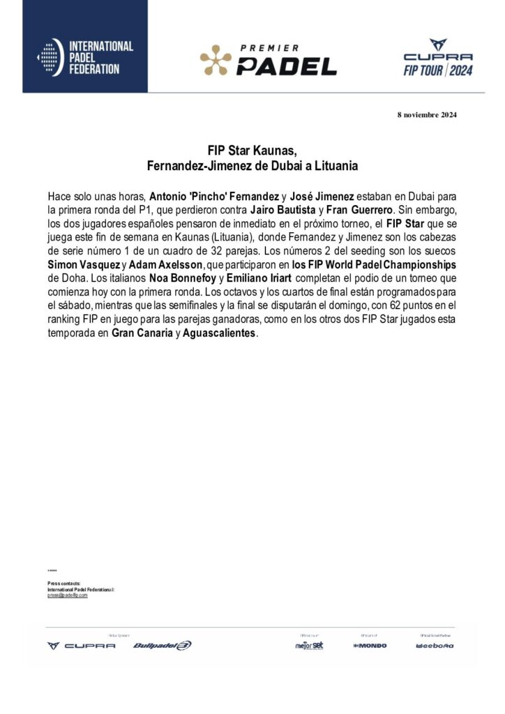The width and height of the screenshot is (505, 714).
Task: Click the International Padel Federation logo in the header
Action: pyautogui.click(x=84, y=57)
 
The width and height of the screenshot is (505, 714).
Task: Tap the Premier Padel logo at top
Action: pyautogui.click(x=269, y=59)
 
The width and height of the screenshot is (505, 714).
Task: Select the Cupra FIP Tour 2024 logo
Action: pyautogui.click(x=438, y=57)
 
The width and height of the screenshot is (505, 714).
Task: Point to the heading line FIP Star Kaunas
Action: pyautogui.click(x=252, y=151)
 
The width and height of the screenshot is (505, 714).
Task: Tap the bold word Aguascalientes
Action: pyautogui.click(x=218, y=333)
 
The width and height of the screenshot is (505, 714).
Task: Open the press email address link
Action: pyautogui.click(x=68, y=595)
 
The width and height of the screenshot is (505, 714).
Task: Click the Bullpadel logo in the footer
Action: pyautogui.click(x=162, y=646)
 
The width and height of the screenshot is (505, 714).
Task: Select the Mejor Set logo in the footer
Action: pyautogui.click(x=309, y=646)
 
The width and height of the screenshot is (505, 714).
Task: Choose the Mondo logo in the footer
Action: pyautogui.click(x=370, y=646)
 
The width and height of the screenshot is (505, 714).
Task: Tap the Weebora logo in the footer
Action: pyautogui.click(x=435, y=646)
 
